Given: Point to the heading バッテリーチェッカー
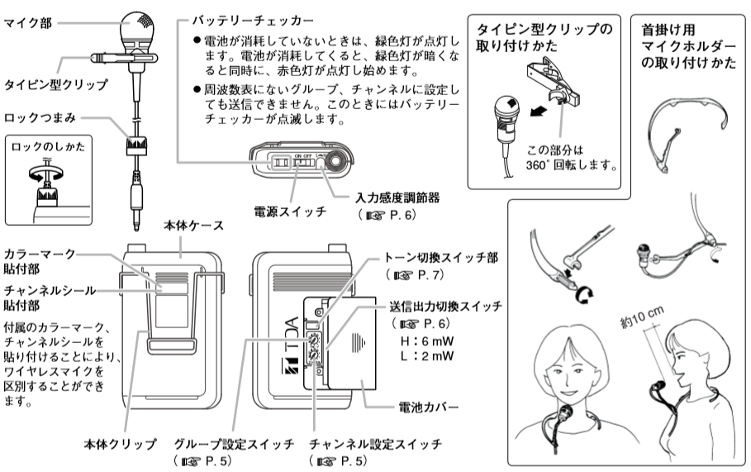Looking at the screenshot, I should (240, 17).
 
